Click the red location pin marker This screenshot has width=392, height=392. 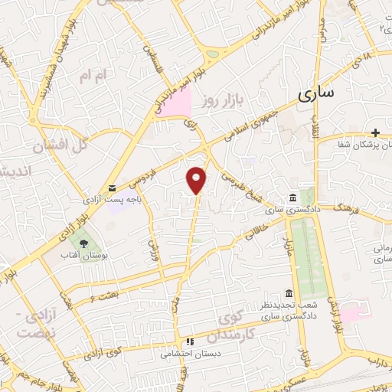pos(197,179)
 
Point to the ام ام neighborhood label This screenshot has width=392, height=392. pos(90,75)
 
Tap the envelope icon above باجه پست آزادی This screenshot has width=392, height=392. pos(113,188)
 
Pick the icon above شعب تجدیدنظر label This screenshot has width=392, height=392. pos(288,294)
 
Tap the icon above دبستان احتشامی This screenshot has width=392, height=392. pos(189,342)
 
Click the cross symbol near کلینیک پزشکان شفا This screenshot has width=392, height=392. pos(375,132)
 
